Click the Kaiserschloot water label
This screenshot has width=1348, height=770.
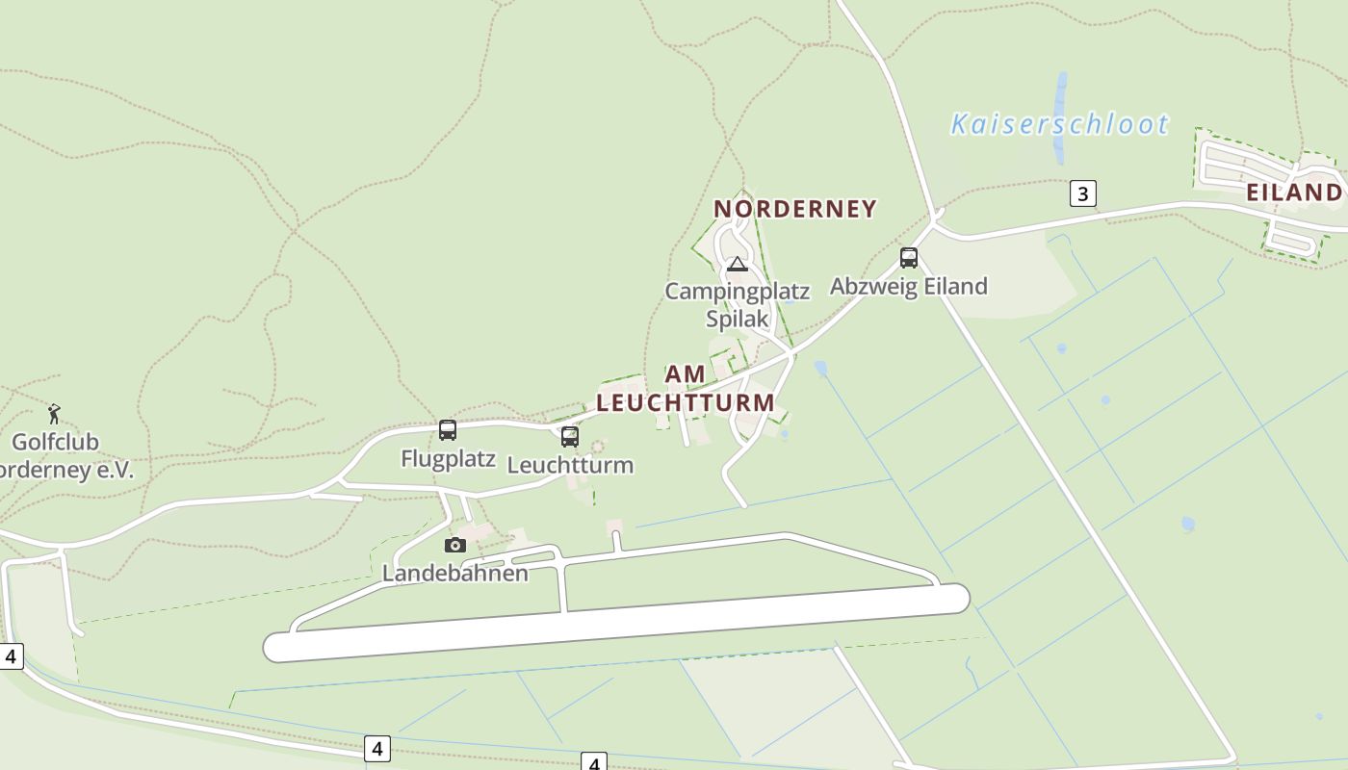coord(1059,124)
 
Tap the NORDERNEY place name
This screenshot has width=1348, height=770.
coord(795,209)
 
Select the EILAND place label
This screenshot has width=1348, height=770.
coord(1294,192)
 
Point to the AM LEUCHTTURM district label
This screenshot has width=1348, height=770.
coord(686,389)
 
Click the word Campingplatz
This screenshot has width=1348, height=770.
coord(738,291)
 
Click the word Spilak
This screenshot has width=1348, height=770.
coord(738,319)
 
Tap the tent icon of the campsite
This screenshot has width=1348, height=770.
coord(738,264)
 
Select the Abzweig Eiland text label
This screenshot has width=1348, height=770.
coord(909,286)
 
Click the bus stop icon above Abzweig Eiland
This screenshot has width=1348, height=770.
coord(909,257)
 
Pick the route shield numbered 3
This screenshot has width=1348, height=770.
coord(1082,193)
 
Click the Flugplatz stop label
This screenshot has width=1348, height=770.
coord(449,458)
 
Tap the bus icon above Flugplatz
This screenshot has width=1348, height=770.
coord(448,429)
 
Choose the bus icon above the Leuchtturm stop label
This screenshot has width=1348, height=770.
coord(570,436)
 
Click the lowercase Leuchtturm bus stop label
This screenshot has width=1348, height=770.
coord(570,465)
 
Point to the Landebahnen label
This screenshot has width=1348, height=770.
coord(455,574)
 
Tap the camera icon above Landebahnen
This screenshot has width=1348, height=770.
coord(455,545)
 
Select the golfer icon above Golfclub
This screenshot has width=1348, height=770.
coord(54,414)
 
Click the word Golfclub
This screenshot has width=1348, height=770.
coord(55,443)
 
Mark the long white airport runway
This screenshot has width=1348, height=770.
coord(616,623)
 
